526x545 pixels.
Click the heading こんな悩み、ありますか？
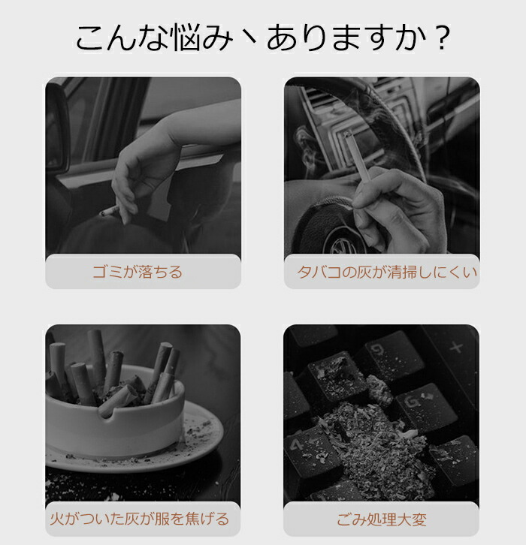click(x=263, y=38)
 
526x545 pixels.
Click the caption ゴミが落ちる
click(x=138, y=272)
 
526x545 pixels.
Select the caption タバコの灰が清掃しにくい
click(x=387, y=272)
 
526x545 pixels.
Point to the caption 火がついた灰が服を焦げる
click(x=140, y=519)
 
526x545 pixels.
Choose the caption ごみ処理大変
click(x=382, y=519)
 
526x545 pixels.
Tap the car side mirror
click(x=56, y=128)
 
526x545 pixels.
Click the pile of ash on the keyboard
click(x=376, y=448)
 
